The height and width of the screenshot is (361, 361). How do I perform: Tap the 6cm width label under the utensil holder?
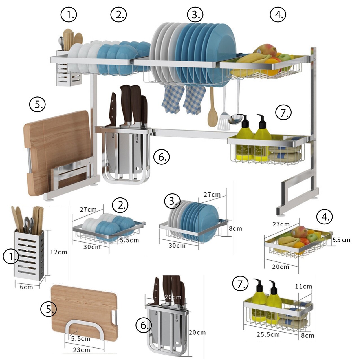click(26, 287)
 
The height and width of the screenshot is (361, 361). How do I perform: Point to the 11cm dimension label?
click(303, 286)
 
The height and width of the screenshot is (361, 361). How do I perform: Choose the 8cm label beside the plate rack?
click(235, 228)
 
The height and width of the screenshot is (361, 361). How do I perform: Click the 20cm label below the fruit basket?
click(280, 267)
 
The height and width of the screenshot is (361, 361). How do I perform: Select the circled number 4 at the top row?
click(278, 14)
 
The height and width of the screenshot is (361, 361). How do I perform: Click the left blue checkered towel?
click(172, 100)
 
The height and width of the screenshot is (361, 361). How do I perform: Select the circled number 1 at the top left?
click(69, 14)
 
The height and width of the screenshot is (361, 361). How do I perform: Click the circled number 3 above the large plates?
click(195, 14)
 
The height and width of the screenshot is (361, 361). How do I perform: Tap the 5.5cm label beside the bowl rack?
click(129, 240)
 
